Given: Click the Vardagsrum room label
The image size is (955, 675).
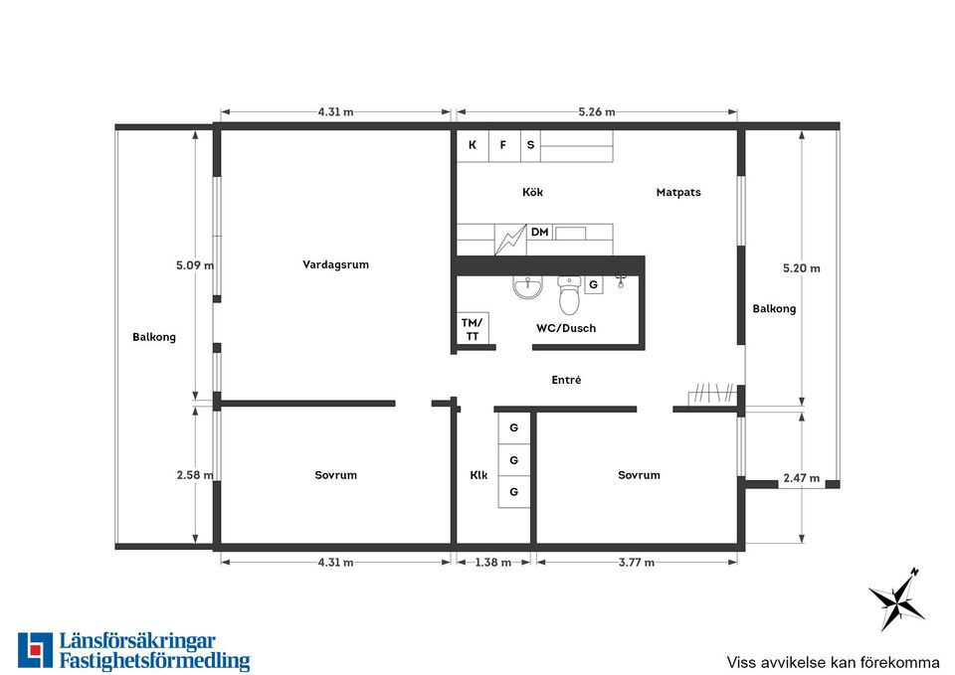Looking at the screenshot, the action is [335, 264].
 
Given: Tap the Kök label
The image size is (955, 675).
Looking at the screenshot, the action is [532, 192].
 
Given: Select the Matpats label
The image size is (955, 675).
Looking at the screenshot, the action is [678, 192].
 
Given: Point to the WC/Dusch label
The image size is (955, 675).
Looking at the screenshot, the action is [566, 328].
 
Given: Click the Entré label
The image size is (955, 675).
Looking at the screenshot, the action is [566, 380].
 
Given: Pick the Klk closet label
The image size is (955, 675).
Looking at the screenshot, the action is [478, 475].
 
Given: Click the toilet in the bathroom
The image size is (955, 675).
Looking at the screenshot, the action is [569, 295].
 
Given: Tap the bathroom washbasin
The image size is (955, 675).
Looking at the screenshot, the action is [527, 287].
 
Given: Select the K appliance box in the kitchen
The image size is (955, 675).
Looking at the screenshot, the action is [473, 145].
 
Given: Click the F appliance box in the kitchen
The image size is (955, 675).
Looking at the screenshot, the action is [504, 145].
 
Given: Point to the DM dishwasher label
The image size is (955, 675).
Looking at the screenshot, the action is [539, 232].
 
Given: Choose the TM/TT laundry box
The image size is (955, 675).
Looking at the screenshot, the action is [473, 329].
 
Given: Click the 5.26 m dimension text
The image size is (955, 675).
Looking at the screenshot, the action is [597, 112].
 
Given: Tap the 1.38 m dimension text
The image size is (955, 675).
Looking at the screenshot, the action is [493, 563].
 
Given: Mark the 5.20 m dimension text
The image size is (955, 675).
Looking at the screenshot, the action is [802, 268].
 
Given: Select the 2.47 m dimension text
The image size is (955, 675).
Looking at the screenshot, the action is [802, 478].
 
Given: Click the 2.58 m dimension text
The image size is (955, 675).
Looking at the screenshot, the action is [195, 475].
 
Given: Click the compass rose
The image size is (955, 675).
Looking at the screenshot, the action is [895, 600].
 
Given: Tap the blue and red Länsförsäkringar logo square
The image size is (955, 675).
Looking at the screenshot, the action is [36, 650].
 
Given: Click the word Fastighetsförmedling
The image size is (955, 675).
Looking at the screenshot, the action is [155, 662].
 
